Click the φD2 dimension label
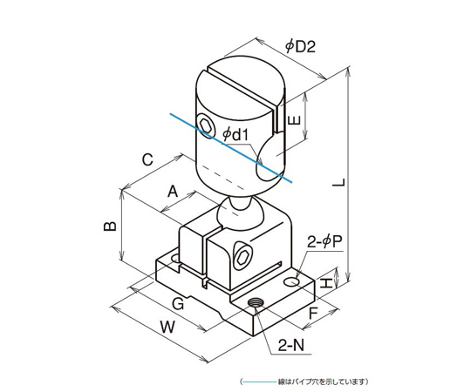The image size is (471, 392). pyautogui.click(x=300, y=46)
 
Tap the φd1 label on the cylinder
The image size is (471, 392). pyautogui.click(x=235, y=135)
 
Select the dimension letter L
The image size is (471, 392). pyautogui.click(x=339, y=182)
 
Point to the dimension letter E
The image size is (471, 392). pyautogui.click(x=295, y=120)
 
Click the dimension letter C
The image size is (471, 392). pyautogui.click(x=147, y=160)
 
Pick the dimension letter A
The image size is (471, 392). pyautogui.click(x=173, y=192)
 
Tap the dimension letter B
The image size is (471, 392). pyautogui.click(x=110, y=226)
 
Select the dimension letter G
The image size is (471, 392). pyautogui.click(x=178, y=304)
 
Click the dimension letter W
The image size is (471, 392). pyautogui.click(x=167, y=327)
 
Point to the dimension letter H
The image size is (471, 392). pyautogui.click(x=326, y=283)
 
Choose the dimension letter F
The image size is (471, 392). pyautogui.click(x=314, y=314)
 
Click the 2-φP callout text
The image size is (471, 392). pyautogui.click(x=324, y=242)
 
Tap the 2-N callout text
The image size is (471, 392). pyautogui.click(x=291, y=346)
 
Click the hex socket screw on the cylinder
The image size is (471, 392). pyautogui.click(x=207, y=127)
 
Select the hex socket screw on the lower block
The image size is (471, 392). pyautogui.click(x=242, y=256)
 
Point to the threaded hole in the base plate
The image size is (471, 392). pyautogui.click(x=256, y=302)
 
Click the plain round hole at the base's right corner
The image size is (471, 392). pyautogui.click(x=291, y=281)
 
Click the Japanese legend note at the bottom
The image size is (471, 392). pyautogui.click(x=322, y=382)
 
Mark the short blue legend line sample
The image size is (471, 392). pyautogui.click(x=259, y=382)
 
